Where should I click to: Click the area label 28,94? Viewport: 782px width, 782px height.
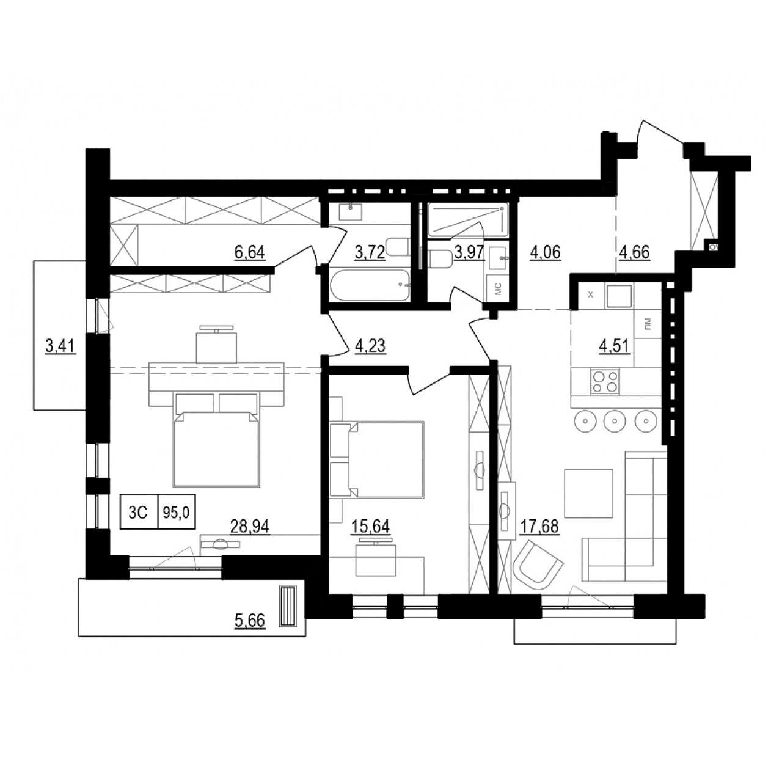[x=250, y=525]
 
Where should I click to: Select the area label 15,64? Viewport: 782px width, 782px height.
[x=370, y=525]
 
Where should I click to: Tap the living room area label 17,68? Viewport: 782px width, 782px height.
[x=539, y=525]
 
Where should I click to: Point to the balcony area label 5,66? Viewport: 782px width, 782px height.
[x=250, y=621]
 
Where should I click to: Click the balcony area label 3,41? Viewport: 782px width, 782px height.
[x=60, y=346]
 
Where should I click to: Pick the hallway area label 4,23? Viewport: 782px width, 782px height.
[x=370, y=346]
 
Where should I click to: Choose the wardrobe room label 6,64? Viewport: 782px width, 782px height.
[x=250, y=251]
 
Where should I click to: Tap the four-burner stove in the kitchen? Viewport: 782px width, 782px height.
[x=605, y=382]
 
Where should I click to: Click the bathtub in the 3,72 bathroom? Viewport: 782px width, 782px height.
[x=369, y=285]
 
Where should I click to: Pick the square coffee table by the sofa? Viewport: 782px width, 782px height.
[x=588, y=493]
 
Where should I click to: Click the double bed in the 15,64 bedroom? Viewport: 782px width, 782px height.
[x=385, y=459]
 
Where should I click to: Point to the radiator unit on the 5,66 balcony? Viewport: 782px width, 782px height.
[x=287, y=606]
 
